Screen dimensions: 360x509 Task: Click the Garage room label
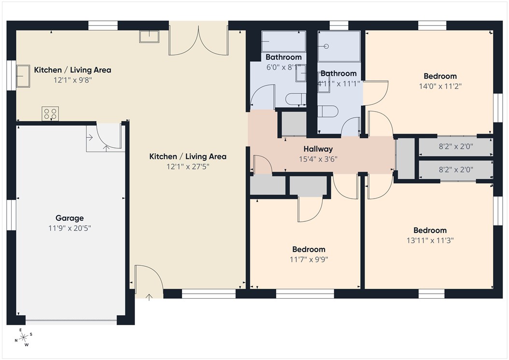click(x=70, y=218)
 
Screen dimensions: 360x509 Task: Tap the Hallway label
click(x=318, y=149)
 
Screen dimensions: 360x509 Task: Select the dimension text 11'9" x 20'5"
click(x=70, y=227)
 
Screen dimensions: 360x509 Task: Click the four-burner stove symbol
click(x=50, y=113)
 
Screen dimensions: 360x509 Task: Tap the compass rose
click(x=23, y=337)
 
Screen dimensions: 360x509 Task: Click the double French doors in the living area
click(x=198, y=42)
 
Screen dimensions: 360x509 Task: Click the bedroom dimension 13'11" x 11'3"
click(x=430, y=240)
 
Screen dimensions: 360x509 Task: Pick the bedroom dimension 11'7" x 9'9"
click(x=309, y=259)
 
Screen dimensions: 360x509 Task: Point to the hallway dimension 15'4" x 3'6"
click(x=318, y=158)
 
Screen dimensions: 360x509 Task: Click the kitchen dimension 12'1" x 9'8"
click(x=72, y=79)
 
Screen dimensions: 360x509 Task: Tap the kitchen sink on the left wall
click(x=23, y=76)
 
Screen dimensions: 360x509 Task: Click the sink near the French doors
click(x=149, y=36)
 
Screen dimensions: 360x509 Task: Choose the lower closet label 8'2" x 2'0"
click(x=455, y=170)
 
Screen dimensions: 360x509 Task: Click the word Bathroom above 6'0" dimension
click(x=283, y=58)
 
